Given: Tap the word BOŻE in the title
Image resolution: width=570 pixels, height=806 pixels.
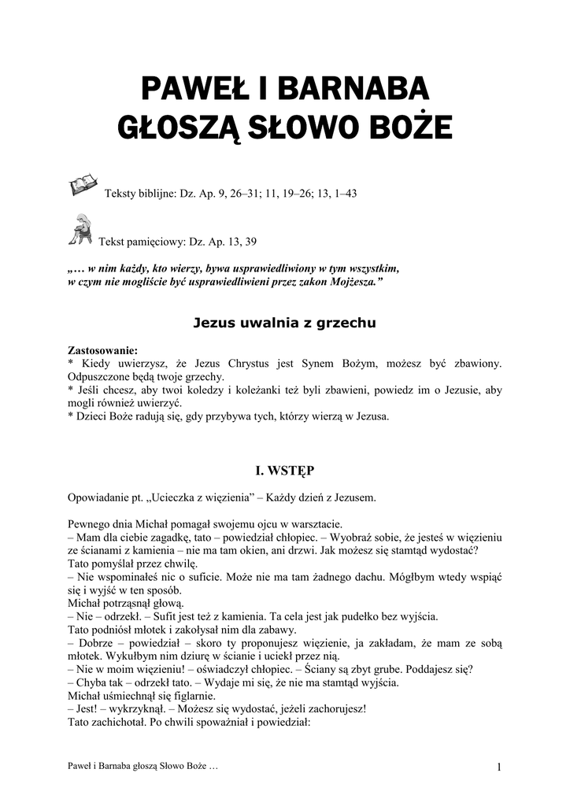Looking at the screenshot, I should point(414,126).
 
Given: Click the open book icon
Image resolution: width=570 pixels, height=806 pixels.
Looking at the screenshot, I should point(82,185).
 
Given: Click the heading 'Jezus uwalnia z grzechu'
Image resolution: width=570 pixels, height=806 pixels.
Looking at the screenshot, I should point(284,322).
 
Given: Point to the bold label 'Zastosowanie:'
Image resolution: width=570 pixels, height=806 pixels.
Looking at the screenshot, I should point(102,350).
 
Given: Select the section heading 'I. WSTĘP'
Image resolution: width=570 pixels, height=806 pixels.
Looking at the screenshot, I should point(284,471).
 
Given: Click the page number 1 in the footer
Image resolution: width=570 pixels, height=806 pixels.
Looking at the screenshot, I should point(499,767).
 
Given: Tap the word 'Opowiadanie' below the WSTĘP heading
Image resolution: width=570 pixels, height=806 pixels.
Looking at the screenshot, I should point(101,497).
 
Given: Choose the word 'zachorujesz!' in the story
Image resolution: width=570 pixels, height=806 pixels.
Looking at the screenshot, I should point(334,709).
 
